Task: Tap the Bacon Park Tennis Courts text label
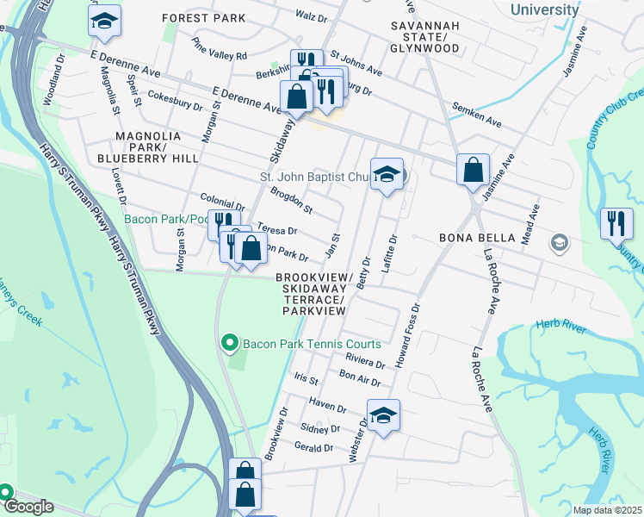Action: point(312,345)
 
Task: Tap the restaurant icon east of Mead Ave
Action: point(616,224)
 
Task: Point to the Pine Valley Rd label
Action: point(220,48)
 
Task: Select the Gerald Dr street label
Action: point(313,447)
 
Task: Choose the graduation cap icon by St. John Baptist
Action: point(387,177)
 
